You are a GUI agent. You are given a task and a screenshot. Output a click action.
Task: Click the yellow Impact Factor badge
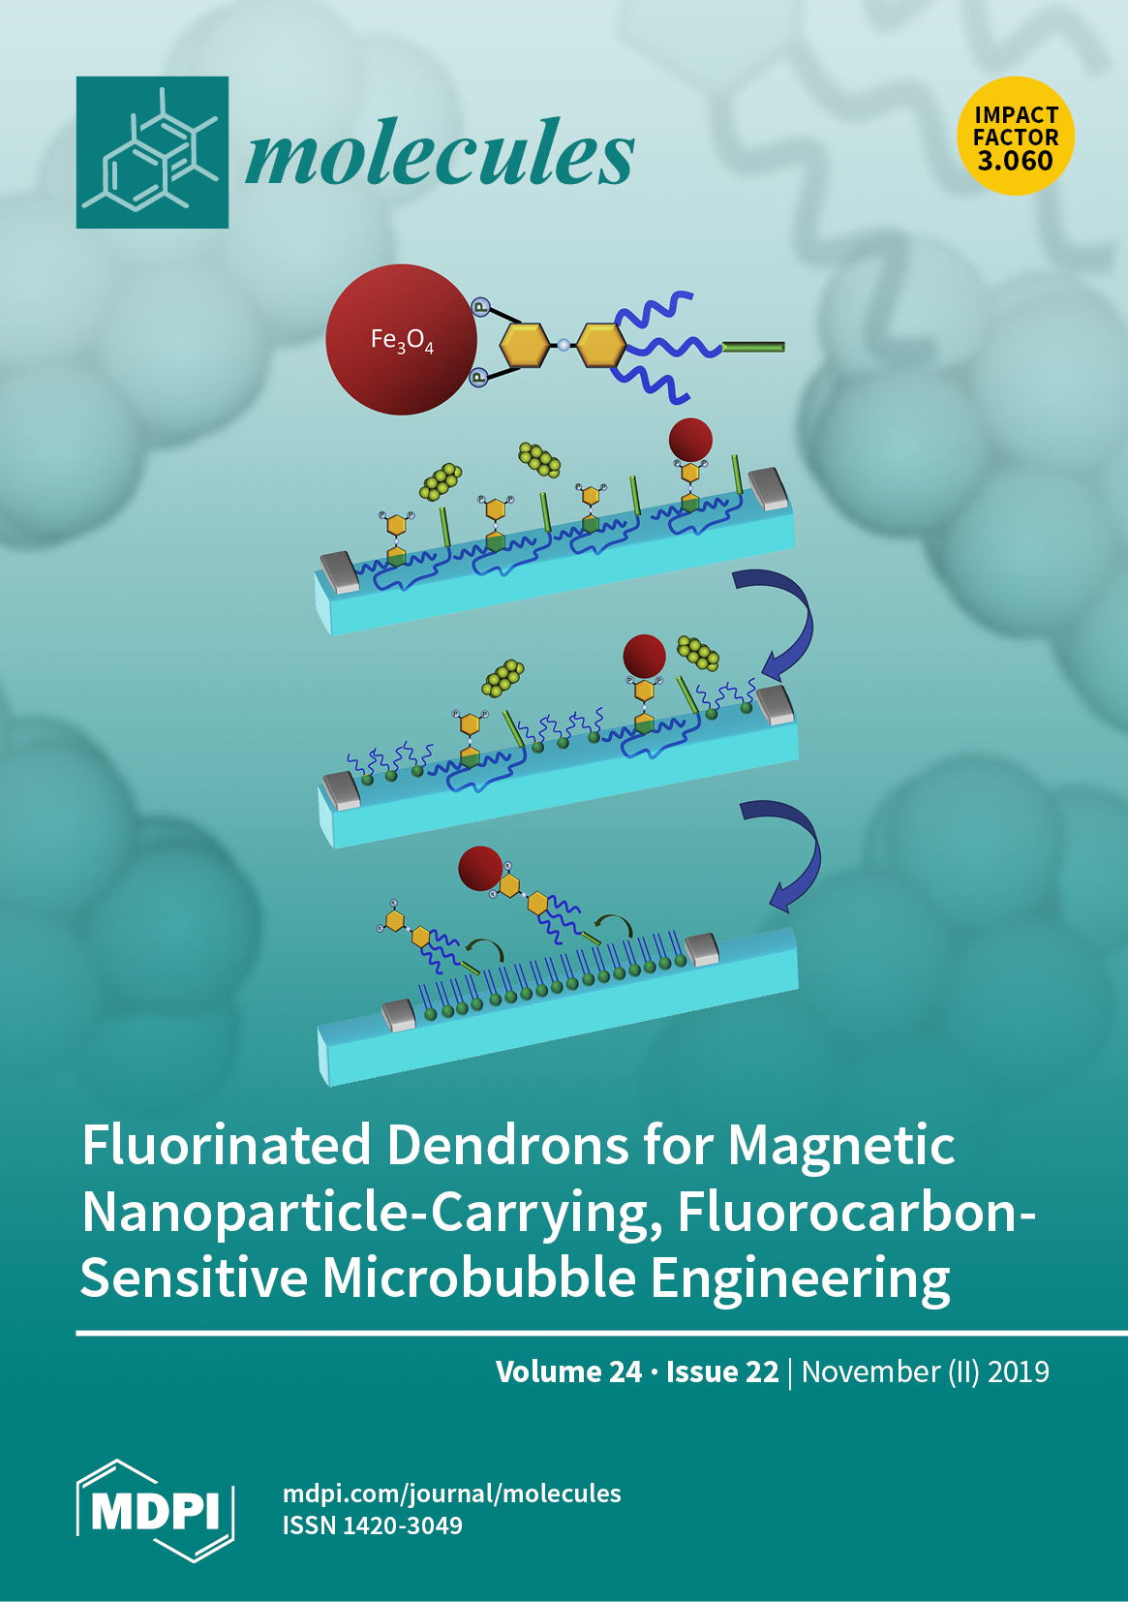(1016, 136)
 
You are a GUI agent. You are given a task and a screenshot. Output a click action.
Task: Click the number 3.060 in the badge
(1016, 161)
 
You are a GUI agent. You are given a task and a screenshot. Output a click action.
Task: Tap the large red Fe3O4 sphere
(401, 340)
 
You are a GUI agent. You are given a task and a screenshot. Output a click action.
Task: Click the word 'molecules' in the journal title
(440, 152)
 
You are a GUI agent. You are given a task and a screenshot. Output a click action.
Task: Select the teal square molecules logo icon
(152, 152)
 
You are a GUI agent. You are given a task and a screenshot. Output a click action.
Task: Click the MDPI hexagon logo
(155, 1510)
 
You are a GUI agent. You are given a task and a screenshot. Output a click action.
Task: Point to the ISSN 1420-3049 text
(373, 1525)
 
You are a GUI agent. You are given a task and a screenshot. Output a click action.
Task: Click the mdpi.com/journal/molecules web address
(451, 1493)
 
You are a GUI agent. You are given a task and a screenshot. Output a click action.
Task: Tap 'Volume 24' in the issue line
(568, 1371)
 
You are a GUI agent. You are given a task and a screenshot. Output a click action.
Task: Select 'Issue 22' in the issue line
(722, 1371)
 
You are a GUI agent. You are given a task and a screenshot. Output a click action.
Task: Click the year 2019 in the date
(1018, 1371)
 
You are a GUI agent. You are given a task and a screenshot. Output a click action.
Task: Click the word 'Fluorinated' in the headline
(227, 1145)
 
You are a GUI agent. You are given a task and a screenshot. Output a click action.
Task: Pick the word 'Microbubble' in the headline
(479, 1278)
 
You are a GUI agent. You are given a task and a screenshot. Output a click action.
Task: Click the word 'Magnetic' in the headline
(841, 1145)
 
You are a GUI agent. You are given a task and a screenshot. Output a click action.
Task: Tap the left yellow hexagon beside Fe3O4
(523, 345)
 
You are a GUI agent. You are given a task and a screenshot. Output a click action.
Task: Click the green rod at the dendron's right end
(753, 347)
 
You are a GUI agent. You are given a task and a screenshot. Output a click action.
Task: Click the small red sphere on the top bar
(690, 441)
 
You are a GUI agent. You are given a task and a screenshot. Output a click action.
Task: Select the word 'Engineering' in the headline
(800, 1278)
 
